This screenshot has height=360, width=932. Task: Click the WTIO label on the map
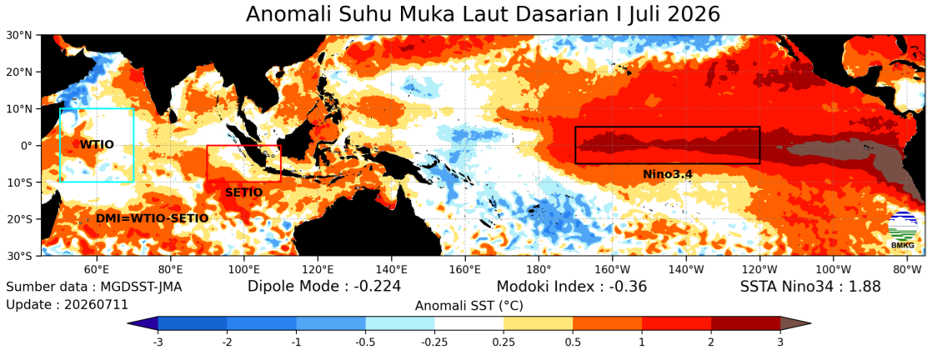(97, 144)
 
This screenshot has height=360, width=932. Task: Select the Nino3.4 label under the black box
(668, 174)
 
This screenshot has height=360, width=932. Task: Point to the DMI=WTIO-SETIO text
(153, 218)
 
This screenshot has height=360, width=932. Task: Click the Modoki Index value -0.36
(624, 287)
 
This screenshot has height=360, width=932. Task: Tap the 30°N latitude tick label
(19, 35)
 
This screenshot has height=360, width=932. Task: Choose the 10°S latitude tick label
(20, 182)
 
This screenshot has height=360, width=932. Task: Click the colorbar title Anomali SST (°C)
(469, 306)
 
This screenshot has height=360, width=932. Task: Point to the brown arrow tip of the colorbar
(809, 323)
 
